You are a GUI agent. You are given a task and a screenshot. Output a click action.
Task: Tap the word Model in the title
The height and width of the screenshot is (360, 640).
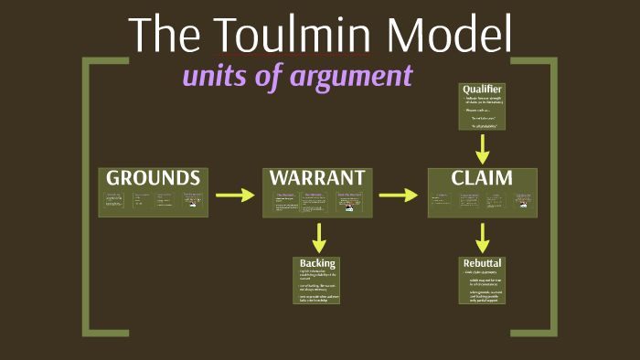(x=448, y=34)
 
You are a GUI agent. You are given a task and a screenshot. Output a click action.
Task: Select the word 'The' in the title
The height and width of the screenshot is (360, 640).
(x=163, y=34)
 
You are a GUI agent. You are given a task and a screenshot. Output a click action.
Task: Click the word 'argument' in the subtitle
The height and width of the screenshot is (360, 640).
(x=351, y=75)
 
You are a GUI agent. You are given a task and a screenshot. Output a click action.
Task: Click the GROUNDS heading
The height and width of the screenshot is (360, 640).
(x=153, y=177)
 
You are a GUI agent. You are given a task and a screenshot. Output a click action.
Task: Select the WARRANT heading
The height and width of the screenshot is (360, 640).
(x=318, y=177)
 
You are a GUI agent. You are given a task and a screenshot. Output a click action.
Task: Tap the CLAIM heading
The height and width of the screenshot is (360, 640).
(x=482, y=177)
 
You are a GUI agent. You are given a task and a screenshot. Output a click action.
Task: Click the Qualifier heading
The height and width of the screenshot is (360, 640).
(x=482, y=90)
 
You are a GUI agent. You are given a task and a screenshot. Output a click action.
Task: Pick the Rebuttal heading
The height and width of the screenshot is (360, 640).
(x=482, y=263)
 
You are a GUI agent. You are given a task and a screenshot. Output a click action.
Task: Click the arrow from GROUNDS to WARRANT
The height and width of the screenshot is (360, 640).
(x=235, y=195)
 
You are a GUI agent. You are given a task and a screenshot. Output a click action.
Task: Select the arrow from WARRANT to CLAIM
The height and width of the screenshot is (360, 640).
(x=399, y=195)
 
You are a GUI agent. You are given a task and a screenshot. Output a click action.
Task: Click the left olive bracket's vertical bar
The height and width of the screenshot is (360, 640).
(x=87, y=196)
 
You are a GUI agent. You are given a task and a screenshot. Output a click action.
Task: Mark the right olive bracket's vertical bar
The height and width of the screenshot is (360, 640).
(x=552, y=196)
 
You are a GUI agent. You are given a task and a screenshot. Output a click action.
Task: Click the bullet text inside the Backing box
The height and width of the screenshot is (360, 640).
(x=316, y=287)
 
